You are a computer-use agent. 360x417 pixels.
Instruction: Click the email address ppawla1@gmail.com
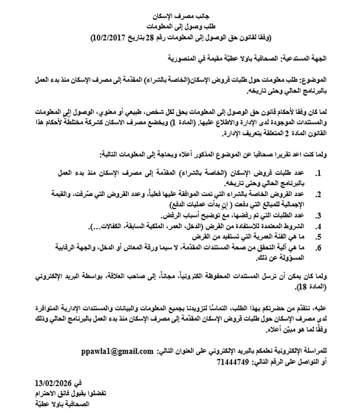pyautogui.click(x=117, y=351)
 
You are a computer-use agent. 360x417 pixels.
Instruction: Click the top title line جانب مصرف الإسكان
pyautogui.click(x=180, y=17)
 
